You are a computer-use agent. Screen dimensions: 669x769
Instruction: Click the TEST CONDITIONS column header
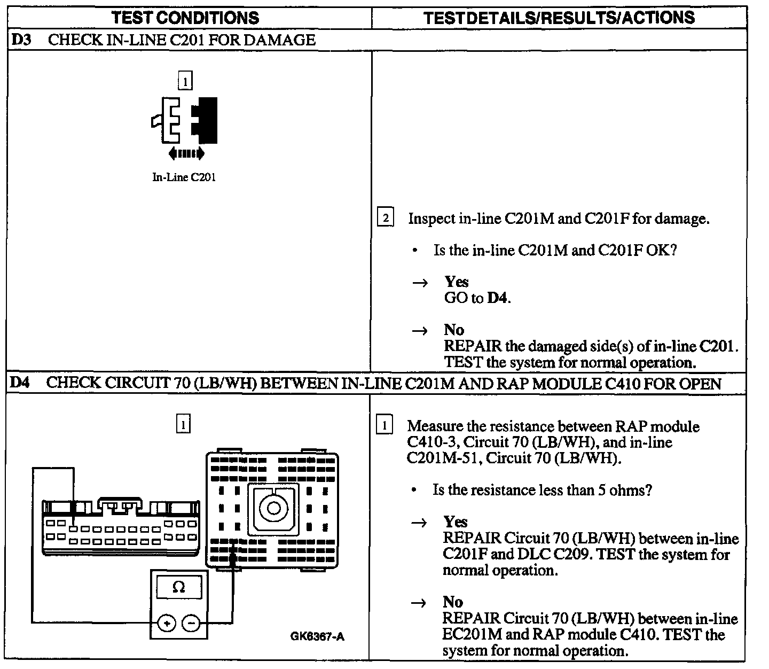tap(185, 18)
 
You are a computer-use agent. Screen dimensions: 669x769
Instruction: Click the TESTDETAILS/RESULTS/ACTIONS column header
tap(559, 18)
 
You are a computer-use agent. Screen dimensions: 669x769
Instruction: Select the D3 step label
tap(20, 40)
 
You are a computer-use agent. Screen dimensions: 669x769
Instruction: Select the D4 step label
tap(20, 383)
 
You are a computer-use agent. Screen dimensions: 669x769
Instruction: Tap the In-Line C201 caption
tap(184, 178)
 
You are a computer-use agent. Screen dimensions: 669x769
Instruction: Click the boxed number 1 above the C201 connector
tap(185, 82)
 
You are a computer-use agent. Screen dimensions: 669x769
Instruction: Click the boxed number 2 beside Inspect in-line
tap(385, 218)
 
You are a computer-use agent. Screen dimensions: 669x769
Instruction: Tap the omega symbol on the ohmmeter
tap(179, 588)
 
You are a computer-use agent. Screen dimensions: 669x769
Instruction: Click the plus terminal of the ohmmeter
tap(167, 623)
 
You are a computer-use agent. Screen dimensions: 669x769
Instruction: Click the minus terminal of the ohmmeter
tap(191, 623)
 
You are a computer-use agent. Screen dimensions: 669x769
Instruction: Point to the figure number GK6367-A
tap(317, 636)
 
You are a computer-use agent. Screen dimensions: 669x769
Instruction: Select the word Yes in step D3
tap(457, 282)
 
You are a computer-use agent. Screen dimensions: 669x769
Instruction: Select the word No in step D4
tap(453, 602)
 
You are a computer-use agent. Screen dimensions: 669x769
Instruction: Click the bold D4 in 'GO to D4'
tap(497, 298)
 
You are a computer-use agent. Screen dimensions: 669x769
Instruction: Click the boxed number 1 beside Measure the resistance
tap(384, 426)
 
